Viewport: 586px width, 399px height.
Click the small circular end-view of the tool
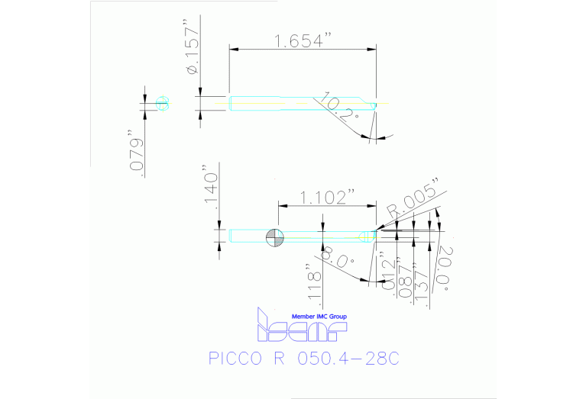(x=162, y=103)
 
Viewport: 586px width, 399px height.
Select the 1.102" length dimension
(x=327, y=198)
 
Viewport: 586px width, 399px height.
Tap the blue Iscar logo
(x=302, y=328)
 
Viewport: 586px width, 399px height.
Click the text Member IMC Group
(x=319, y=316)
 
